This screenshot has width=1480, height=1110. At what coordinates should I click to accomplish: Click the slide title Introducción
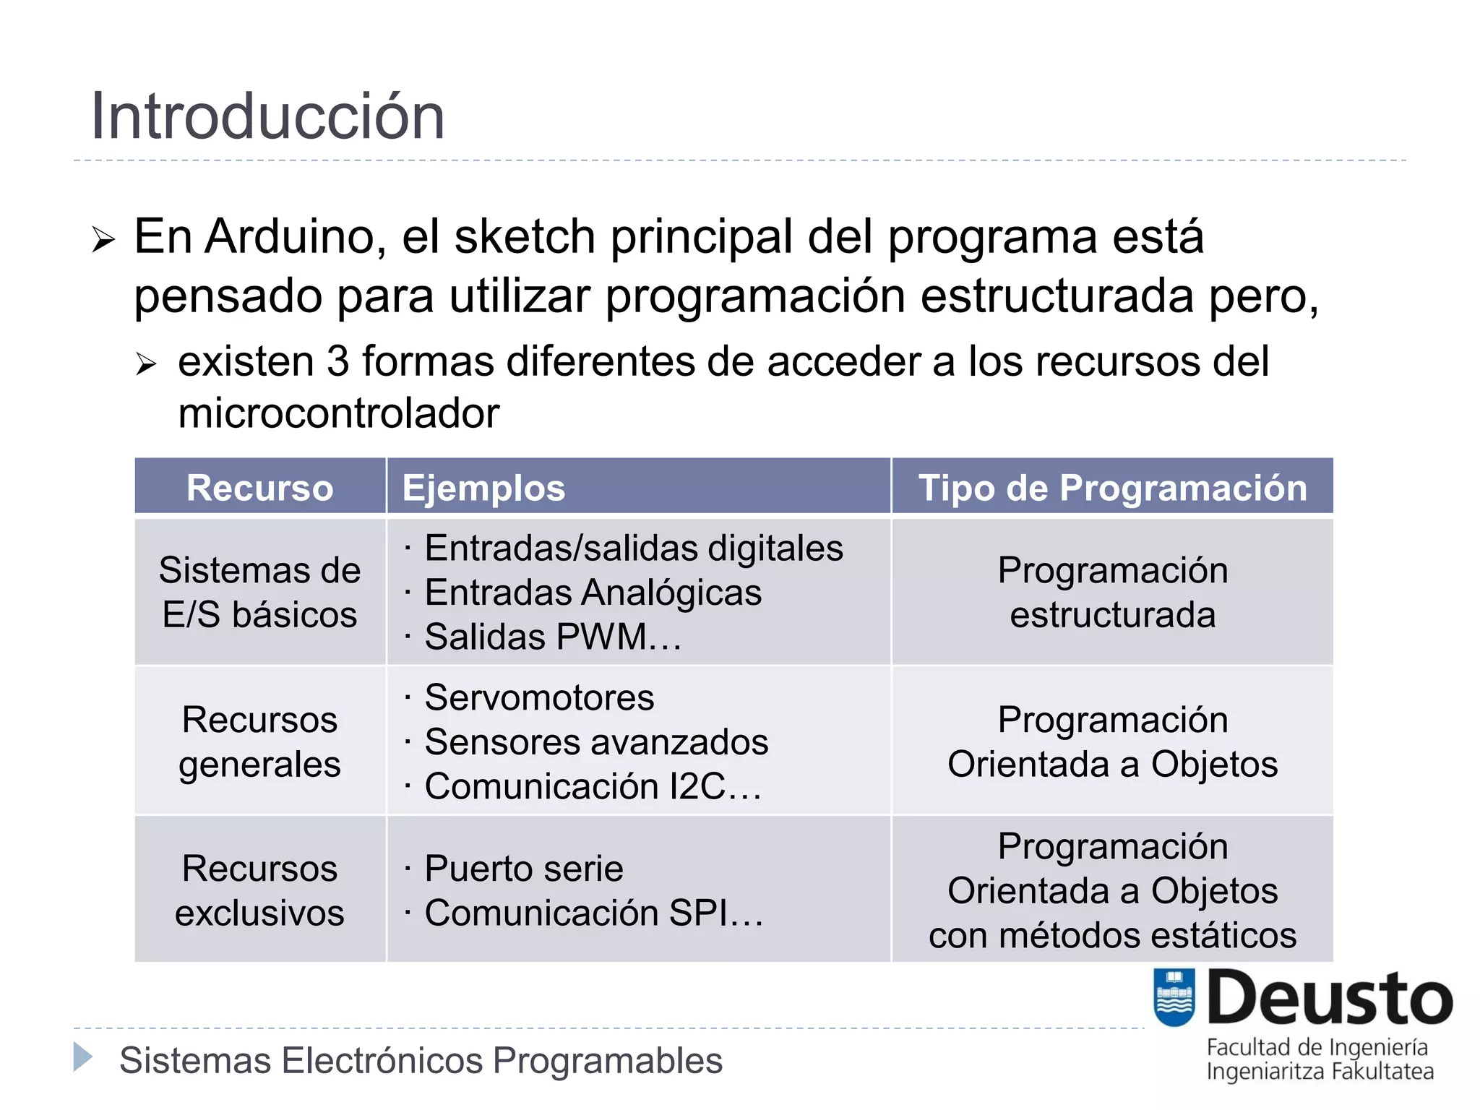pos(267,117)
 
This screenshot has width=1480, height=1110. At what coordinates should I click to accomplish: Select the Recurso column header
pos(260,488)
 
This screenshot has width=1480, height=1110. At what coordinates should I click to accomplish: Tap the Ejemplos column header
pos(483,488)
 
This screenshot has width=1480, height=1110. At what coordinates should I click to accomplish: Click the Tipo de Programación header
pos(1112,488)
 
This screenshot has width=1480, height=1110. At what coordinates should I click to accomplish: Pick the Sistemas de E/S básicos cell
pos(260,593)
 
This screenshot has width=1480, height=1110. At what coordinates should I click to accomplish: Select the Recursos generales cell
pos(260,742)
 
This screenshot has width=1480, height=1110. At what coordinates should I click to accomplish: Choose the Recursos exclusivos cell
pos(260,890)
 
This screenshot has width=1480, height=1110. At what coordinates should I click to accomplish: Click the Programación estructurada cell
pos(1112,593)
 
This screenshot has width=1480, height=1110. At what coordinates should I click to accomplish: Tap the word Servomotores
pos(539,698)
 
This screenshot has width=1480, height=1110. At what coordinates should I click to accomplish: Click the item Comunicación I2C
pos(593,787)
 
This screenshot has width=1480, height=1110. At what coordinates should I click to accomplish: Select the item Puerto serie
pos(523,869)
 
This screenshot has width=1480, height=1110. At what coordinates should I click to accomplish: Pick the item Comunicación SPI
pos(593,913)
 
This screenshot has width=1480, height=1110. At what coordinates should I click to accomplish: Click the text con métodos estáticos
pos(1112,936)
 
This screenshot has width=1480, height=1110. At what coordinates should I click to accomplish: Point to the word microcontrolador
pos(339,413)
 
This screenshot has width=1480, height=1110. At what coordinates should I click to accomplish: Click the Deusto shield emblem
pos(1174,997)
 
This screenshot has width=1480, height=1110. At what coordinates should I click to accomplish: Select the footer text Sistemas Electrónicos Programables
pos(421,1061)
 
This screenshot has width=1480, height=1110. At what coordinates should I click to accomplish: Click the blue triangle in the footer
pos(83,1057)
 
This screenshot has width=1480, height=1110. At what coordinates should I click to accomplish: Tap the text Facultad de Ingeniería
pos(1317,1047)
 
